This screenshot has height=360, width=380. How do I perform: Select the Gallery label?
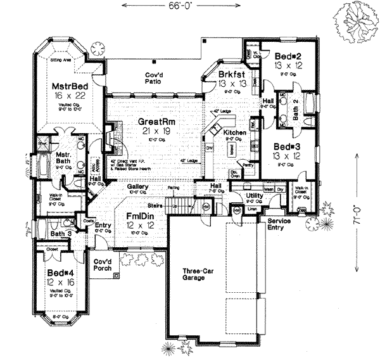click(x=137, y=188)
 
